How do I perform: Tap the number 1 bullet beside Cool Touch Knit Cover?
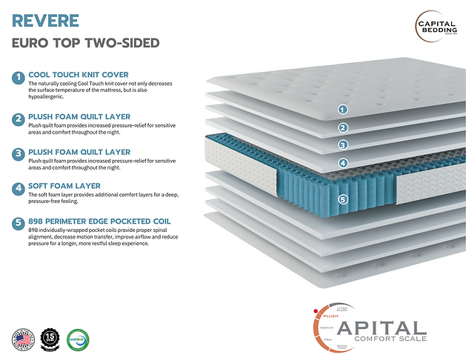click(x=18, y=77)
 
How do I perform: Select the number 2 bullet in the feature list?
click(x=18, y=119)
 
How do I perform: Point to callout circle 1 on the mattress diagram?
click(x=342, y=109)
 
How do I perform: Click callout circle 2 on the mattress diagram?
click(x=342, y=127)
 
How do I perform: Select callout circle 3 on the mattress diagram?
click(x=342, y=144)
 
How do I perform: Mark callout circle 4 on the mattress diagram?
click(x=342, y=163)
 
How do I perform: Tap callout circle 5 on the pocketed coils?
click(x=342, y=199)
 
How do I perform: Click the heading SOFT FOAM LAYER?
click(x=64, y=185)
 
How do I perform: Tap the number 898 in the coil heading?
click(x=38, y=221)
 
